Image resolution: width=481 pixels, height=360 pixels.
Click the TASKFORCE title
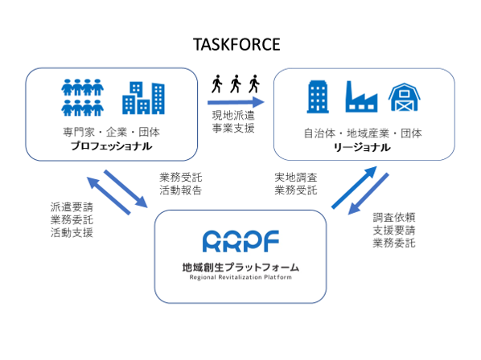(x=236, y=44)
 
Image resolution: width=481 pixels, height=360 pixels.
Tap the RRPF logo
(x=240, y=241)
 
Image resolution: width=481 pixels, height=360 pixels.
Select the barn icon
(x=405, y=96)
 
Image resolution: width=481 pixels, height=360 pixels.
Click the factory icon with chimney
(x=361, y=96)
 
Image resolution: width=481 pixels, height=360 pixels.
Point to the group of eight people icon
(x=83, y=97)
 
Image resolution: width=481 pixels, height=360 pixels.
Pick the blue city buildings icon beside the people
(x=143, y=98)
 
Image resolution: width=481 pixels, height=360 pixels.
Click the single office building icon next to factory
(x=318, y=96)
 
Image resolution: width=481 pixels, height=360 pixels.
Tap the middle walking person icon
(x=236, y=84)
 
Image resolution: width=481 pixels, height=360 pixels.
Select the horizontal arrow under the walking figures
(x=236, y=102)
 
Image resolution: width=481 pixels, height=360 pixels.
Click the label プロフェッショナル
(x=111, y=145)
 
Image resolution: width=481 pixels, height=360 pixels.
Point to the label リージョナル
(x=362, y=148)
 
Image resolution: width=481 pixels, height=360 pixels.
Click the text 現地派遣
(x=233, y=116)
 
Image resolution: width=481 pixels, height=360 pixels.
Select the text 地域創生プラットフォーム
(x=240, y=267)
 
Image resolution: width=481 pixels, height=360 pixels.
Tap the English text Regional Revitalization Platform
(x=240, y=277)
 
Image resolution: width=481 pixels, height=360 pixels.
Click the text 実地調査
(x=296, y=177)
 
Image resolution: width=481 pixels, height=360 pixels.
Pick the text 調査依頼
(x=394, y=217)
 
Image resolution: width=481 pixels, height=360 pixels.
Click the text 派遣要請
(x=72, y=207)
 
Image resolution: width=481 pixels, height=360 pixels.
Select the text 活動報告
(x=181, y=190)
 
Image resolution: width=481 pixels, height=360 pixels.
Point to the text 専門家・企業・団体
(x=111, y=133)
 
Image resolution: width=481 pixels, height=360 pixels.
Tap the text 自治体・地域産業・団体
(x=363, y=133)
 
